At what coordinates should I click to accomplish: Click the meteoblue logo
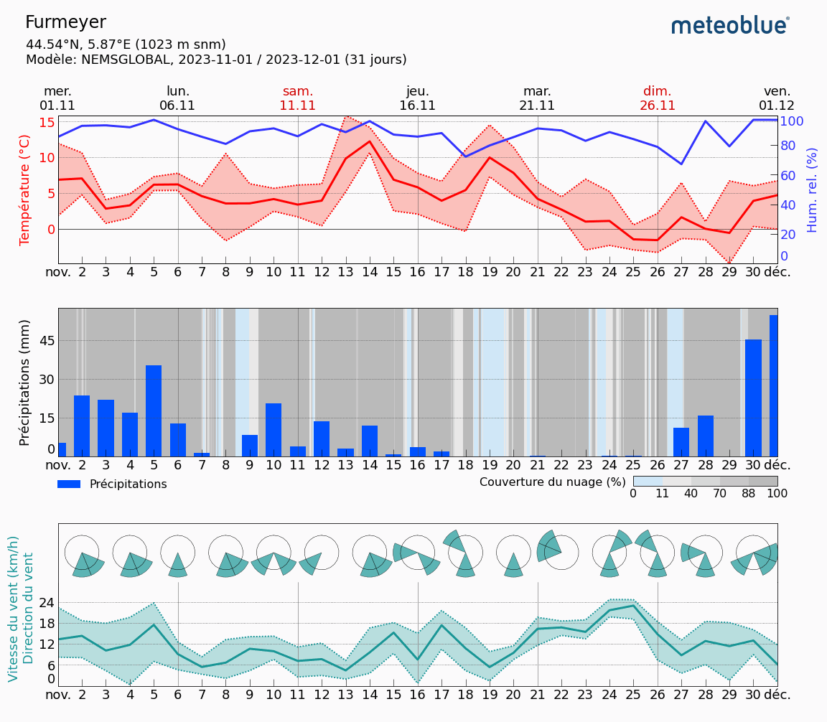click(x=730, y=25)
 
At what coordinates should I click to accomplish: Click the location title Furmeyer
click(x=65, y=22)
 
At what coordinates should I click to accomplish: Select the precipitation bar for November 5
click(x=154, y=411)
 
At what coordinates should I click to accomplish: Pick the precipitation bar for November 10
click(x=274, y=429)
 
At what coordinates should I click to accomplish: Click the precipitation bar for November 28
click(x=706, y=436)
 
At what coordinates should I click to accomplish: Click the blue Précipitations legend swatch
click(x=69, y=484)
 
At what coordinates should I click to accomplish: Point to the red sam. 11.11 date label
click(x=298, y=98)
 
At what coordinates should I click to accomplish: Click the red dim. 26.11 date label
click(x=658, y=98)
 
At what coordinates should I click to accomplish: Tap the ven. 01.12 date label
click(x=777, y=98)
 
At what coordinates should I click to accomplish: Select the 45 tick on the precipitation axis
click(x=47, y=341)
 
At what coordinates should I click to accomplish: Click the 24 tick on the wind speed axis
click(x=47, y=603)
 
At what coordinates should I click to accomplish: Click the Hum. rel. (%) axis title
click(x=812, y=189)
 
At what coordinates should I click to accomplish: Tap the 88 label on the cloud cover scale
click(x=749, y=494)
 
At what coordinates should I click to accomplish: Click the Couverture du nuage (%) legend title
click(x=552, y=482)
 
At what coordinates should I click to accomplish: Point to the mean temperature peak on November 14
click(x=370, y=141)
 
